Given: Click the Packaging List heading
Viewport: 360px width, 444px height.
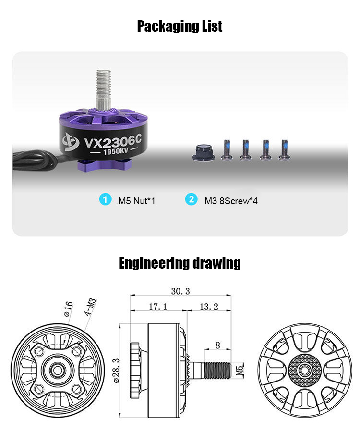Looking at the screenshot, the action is (x=180, y=26).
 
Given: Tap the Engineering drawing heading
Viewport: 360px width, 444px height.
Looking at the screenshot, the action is (x=180, y=263).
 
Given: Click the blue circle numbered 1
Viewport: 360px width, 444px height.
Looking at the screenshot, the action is (x=105, y=199).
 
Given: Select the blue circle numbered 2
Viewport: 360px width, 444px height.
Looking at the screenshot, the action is (x=191, y=199).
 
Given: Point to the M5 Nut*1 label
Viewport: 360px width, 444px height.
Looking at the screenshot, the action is (x=137, y=201).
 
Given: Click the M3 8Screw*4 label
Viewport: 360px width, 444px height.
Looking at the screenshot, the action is (x=231, y=201).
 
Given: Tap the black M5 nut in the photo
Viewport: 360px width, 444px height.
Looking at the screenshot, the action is (x=203, y=153).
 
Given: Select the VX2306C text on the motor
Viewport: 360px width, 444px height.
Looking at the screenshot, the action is (x=113, y=142).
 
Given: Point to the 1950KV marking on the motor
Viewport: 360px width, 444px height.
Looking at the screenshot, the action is (x=116, y=151).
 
